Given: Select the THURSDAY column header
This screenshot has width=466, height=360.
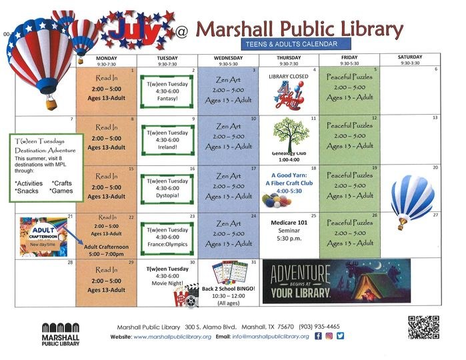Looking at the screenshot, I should [x=288, y=59].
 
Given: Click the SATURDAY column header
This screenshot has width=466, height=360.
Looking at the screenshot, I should [x=409, y=59].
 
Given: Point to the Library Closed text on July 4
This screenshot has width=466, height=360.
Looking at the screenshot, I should [x=288, y=77].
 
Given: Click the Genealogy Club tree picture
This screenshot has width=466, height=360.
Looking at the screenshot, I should [x=289, y=135].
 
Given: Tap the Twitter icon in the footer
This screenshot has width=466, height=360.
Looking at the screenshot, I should [x=340, y=336].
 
